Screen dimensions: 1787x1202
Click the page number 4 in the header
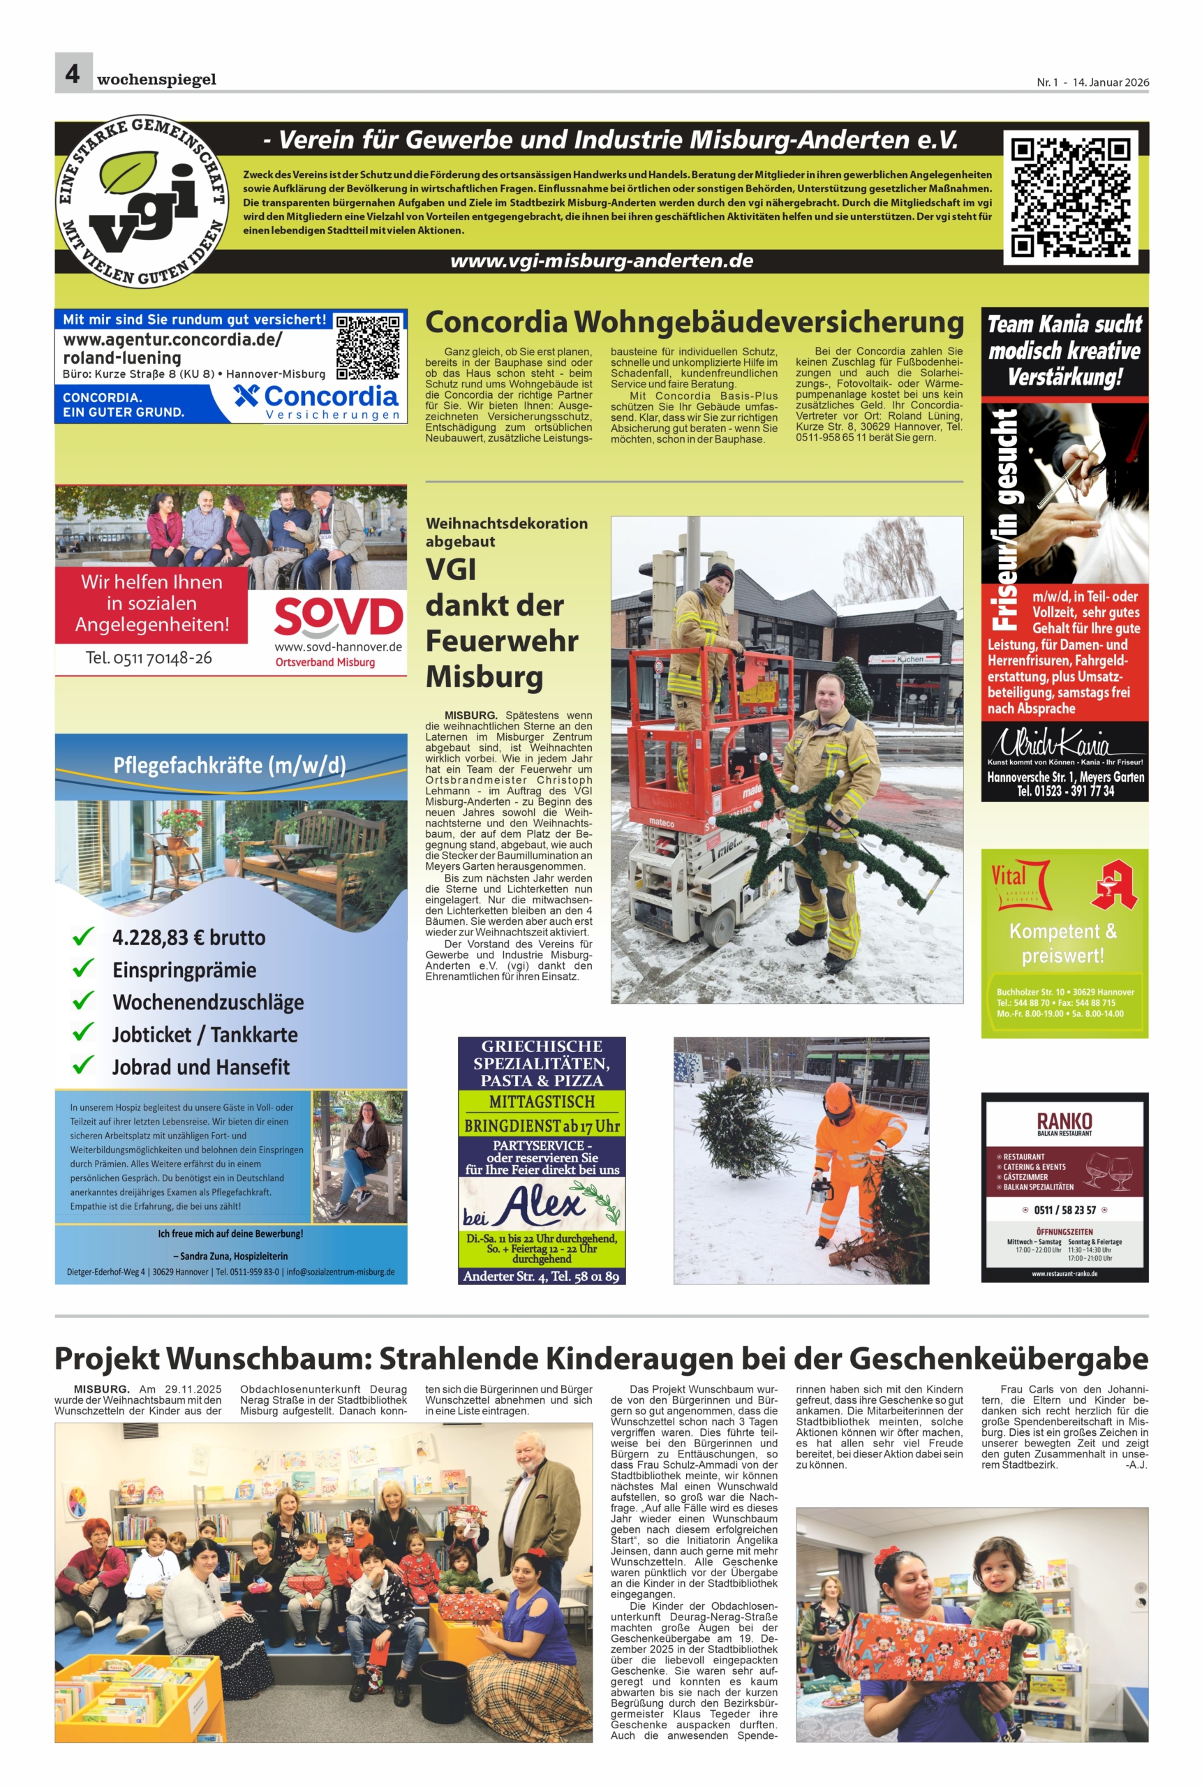[73, 73]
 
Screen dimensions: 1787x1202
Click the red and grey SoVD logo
[337, 618]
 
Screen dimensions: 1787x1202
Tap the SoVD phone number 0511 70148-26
[149, 658]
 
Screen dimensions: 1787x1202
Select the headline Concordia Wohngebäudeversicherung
[694, 322]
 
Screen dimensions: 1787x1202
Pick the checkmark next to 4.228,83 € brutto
[83, 937]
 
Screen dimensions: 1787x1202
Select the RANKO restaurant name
[1064, 1122]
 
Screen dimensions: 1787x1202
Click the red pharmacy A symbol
[1114, 884]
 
